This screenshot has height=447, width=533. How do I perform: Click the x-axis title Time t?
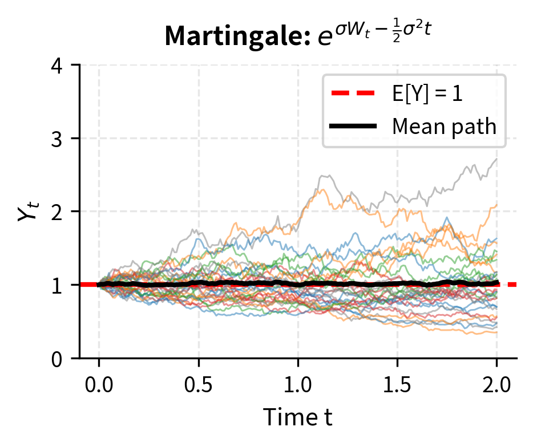point(297,418)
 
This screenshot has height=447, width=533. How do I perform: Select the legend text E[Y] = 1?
point(427,94)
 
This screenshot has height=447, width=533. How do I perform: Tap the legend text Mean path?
point(444,126)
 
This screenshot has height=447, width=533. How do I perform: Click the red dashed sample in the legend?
point(353,94)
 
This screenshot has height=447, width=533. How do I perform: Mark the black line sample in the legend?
point(353,126)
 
